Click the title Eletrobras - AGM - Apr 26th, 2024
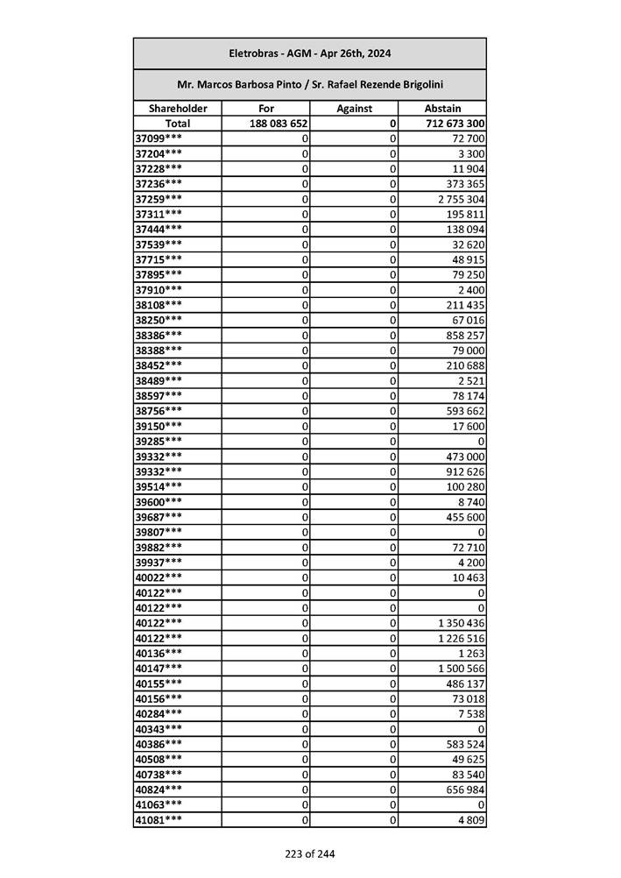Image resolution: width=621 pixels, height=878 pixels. coord(309,53)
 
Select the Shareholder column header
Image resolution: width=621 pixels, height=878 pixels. coord(178,109)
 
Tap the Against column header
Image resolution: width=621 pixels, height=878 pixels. coord(355,109)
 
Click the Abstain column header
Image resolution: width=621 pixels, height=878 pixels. coord(442,109)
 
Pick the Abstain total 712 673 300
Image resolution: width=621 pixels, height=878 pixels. coord(455,124)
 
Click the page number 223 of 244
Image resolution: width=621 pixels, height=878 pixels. coord(309,853)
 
